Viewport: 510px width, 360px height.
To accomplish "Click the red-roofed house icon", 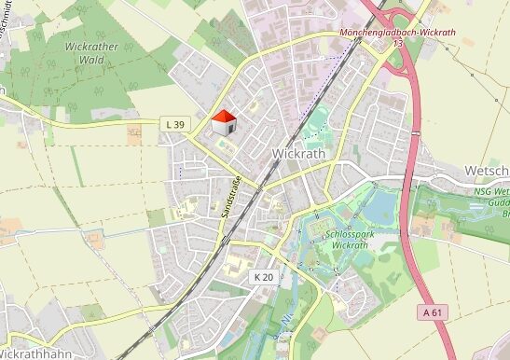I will point(224,122).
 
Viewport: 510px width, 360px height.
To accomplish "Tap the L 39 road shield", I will point(174,124).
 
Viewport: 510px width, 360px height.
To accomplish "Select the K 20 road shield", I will point(263,277).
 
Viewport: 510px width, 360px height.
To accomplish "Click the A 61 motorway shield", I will point(430,311).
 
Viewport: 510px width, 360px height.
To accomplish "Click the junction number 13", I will point(398,44).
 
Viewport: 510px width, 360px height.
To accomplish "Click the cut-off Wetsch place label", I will point(486,171).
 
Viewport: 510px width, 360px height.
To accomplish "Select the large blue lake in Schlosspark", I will point(381,205).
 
